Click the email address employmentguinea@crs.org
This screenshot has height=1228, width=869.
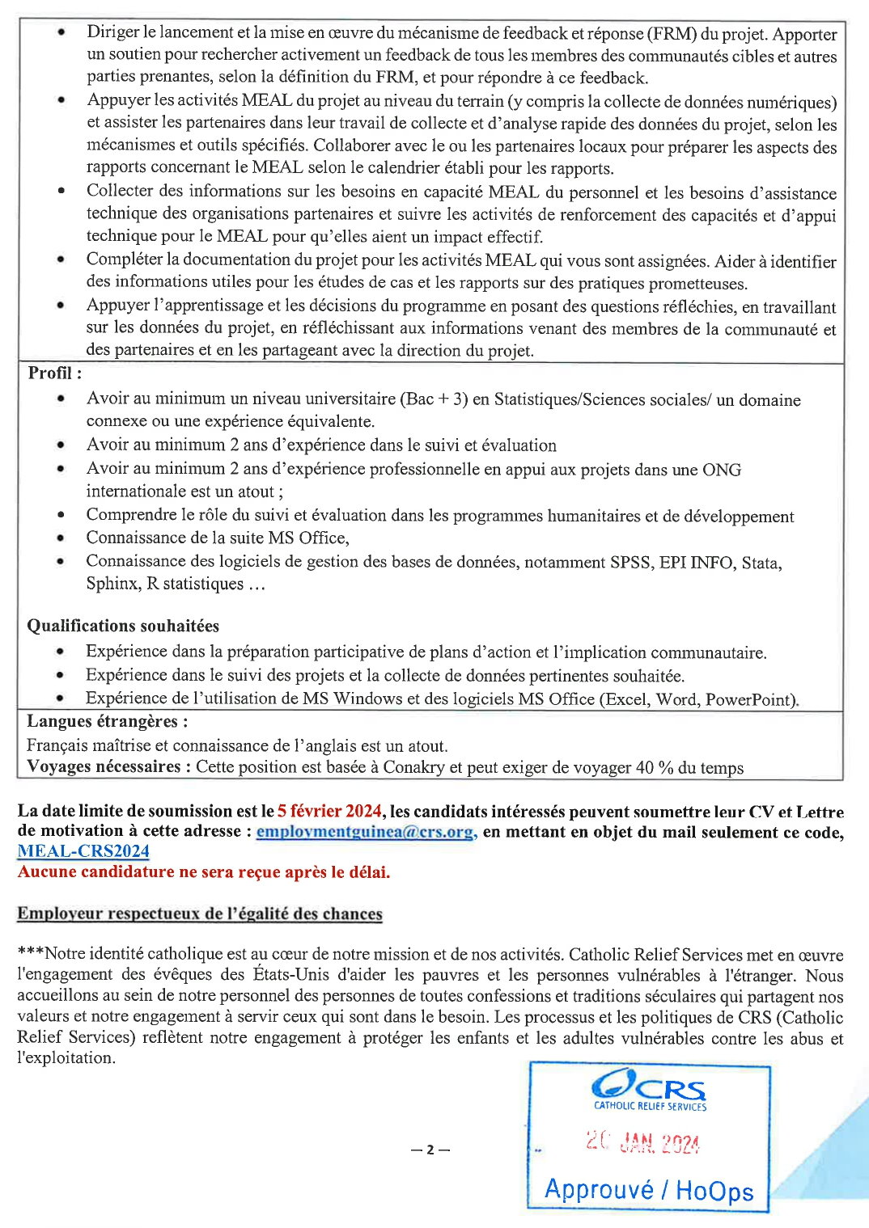[x=365, y=832]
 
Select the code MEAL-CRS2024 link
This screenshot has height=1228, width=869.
[x=83, y=851]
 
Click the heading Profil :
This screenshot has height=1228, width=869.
[x=54, y=373]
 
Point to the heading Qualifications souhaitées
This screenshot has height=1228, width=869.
[x=123, y=626]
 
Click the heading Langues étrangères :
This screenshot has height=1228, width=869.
[x=107, y=721]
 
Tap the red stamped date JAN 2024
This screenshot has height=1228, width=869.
[x=643, y=1142]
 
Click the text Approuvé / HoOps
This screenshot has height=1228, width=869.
[x=649, y=1190]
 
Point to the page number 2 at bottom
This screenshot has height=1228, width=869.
[x=430, y=1150]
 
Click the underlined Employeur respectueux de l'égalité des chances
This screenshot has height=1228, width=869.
[x=200, y=914]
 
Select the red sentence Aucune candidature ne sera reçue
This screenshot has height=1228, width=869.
[x=204, y=871]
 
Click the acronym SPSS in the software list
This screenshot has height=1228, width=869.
[x=630, y=562]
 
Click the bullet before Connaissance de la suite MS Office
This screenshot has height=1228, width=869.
[x=61, y=538]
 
